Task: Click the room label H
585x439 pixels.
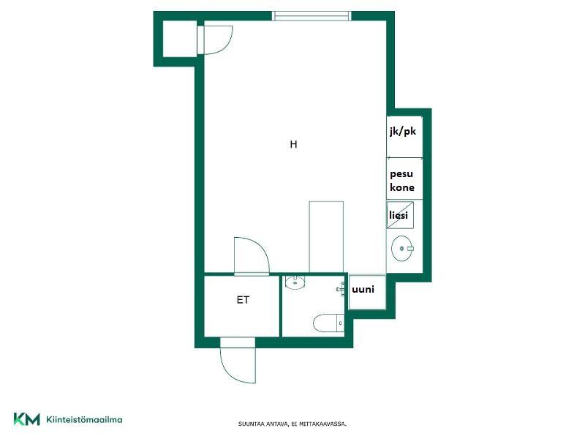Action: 294,144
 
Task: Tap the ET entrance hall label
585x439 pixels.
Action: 243,300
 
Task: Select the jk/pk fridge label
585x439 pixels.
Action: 403,132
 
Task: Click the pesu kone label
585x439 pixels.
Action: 401,181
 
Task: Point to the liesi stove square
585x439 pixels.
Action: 400,215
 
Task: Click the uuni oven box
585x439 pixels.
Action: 367,292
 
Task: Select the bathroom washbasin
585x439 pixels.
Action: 295,282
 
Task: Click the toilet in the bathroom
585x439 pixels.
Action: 329,323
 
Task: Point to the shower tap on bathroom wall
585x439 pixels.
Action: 341,289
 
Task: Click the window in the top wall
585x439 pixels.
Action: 312,15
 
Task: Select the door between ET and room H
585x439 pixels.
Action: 251,257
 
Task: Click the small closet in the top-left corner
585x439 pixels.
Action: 180,39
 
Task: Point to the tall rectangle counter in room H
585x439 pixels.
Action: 326,237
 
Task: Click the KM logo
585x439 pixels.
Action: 26,419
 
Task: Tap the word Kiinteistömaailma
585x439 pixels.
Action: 84,419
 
